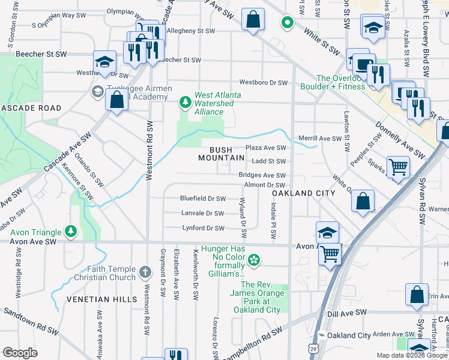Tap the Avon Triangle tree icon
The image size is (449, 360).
tap(71, 232)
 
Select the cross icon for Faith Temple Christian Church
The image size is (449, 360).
tap(145, 273)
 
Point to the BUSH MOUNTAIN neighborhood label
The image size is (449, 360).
tap(221, 154)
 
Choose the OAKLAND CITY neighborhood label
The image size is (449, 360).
tap(303, 194)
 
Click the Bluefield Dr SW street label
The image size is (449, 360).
tap(203, 198)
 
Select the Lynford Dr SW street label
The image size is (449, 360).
tap(203, 228)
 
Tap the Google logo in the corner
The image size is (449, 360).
tap(20, 353)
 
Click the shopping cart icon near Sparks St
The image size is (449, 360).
tap(398, 167)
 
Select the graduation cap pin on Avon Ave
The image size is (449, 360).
tap(327, 232)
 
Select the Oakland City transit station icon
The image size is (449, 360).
tap(322, 335)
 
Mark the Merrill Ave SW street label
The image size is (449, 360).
tap(319, 139)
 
